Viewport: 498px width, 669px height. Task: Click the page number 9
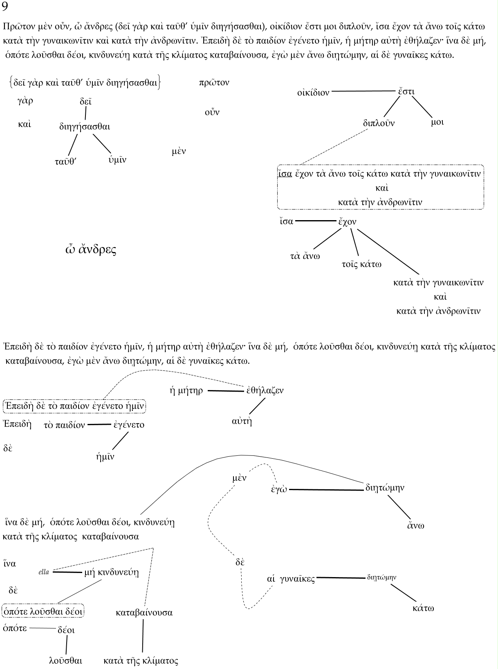tap(5, 7)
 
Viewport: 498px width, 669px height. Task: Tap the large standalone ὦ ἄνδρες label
tap(91, 250)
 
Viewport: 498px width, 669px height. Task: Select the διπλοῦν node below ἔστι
tap(379, 123)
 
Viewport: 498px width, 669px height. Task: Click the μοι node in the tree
tap(437, 122)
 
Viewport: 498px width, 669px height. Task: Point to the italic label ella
tap(44, 572)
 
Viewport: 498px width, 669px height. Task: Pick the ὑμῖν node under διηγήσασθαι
tap(117, 160)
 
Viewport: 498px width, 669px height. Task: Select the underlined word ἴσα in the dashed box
tap(285, 174)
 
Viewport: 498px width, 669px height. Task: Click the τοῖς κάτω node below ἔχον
tap(361, 264)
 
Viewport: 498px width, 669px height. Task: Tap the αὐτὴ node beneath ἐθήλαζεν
tap(242, 421)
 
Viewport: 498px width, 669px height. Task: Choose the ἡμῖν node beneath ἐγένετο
tap(105, 457)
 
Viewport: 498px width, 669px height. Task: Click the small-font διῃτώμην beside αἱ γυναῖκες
tap(381, 578)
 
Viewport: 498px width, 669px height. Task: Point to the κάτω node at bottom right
tap(423, 608)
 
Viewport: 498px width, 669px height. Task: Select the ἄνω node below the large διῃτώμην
tap(415, 526)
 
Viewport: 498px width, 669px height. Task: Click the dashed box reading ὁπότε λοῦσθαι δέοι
tap(43, 611)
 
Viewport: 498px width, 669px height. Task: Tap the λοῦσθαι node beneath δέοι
tap(65, 661)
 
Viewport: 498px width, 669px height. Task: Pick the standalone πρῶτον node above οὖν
tap(214, 83)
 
